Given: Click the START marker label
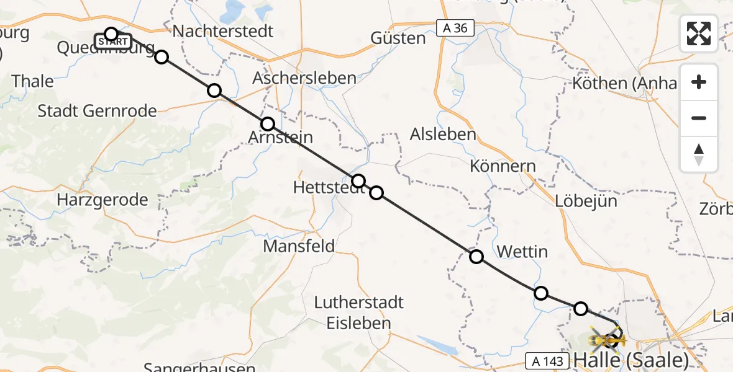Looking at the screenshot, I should pyautogui.click(x=112, y=42).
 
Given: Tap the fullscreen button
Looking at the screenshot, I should pyautogui.click(x=699, y=33).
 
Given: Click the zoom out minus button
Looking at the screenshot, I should pyautogui.click(x=699, y=118).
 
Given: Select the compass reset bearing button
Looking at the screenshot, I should pyautogui.click(x=699, y=154).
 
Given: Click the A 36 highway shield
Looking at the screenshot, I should pyautogui.click(x=455, y=28).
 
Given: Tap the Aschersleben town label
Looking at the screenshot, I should pyautogui.click(x=304, y=78).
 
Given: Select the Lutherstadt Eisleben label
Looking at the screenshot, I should pyautogui.click(x=359, y=312).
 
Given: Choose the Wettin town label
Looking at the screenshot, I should pyautogui.click(x=522, y=251).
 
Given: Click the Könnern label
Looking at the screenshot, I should pyautogui.click(x=503, y=166).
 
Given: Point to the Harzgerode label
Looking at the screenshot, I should pyautogui.click(x=102, y=200).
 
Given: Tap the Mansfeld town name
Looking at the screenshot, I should pyautogui.click(x=299, y=246).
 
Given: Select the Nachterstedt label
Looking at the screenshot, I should pyautogui.click(x=222, y=31).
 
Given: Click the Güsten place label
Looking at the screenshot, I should pyautogui.click(x=398, y=38).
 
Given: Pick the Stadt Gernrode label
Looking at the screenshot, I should pyautogui.click(x=97, y=111).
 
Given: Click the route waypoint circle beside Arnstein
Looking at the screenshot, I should pyautogui.click(x=268, y=124).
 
